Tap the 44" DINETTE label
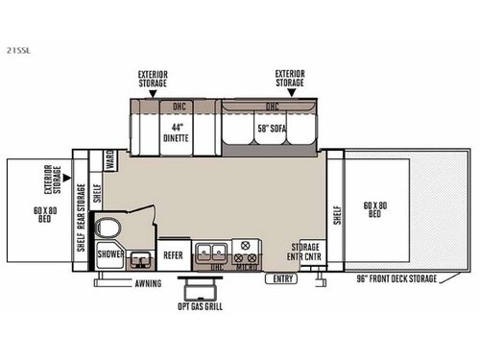point(175,132)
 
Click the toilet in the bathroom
point(108,230)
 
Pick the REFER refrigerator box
point(173,255)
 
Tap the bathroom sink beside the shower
point(140,257)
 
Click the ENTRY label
point(282,279)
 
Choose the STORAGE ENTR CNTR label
point(310,252)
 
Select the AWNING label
point(147,283)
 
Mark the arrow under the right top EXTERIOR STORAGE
point(289,95)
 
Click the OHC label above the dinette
point(178,107)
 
